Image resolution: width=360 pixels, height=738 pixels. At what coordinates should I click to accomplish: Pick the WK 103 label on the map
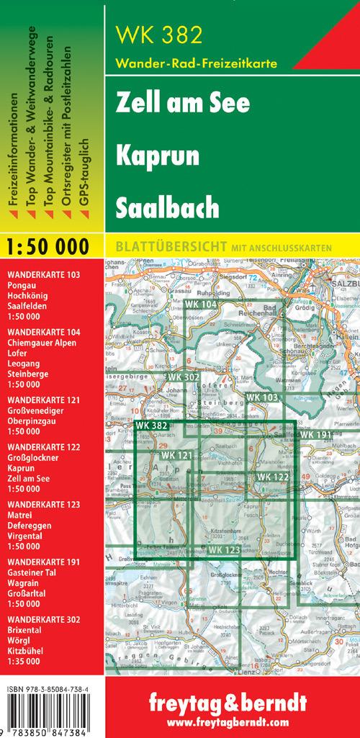(261, 397)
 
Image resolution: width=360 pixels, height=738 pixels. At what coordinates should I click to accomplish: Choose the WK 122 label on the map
(272, 457)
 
